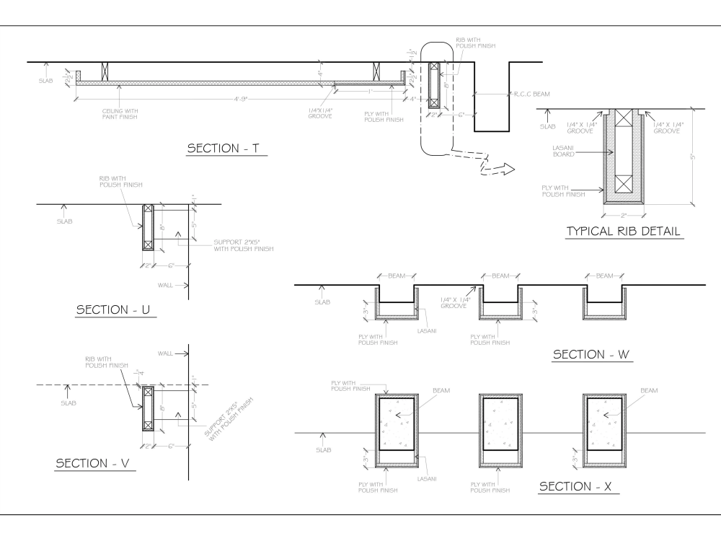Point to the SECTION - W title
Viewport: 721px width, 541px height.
[591, 355]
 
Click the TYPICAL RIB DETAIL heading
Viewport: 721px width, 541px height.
[624, 232]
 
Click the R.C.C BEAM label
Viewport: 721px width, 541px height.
[533, 94]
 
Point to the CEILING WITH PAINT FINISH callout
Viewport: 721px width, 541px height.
[120, 113]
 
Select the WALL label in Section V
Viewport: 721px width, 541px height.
[167, 353]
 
